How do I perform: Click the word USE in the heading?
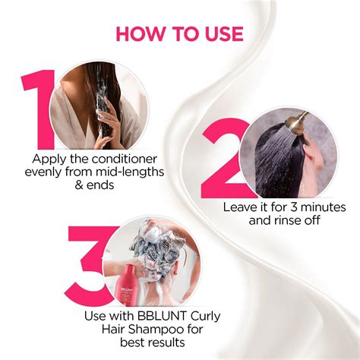(x=219, y=34)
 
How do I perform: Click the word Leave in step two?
(x=238, y=207)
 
